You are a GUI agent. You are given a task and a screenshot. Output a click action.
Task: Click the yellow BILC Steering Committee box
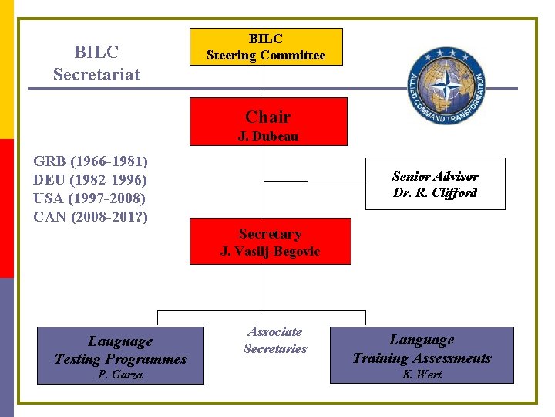tap(266, 46)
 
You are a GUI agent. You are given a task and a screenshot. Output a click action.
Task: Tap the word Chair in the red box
tap(268, 117)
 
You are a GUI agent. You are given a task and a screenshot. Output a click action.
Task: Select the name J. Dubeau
tap(268, 137)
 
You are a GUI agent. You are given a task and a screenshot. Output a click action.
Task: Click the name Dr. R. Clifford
tap(435, 193)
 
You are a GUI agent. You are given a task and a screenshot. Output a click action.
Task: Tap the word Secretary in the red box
tap(270, 233)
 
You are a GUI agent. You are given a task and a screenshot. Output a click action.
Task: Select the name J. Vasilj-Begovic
tap(270, 251)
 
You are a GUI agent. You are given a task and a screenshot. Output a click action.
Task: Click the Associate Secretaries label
tap(275, 340)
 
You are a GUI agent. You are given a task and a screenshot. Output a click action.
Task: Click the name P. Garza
tap(120, 375)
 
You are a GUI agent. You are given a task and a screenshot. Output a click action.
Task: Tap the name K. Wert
tap(422, 375)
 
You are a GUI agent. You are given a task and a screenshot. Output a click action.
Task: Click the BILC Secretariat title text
tap(96, 63)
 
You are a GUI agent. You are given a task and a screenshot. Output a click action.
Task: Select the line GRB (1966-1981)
tap(90, 161)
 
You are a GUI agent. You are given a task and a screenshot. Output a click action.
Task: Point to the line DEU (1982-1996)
tap(90, 180)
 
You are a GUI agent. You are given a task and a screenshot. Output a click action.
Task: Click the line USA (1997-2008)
tap(90, 198)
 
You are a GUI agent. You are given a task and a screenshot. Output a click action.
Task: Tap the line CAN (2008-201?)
tap(90, 217)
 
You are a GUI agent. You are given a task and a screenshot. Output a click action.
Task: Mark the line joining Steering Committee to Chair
tap(264, 81)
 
